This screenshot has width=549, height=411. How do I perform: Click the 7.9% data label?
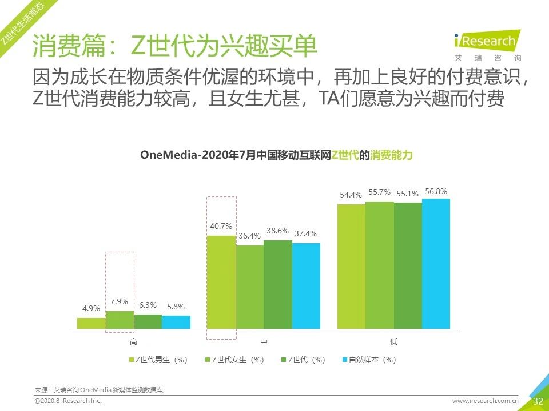point(120,301)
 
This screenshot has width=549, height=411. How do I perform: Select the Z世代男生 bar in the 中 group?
point(221,282)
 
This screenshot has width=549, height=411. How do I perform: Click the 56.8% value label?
point(436,191)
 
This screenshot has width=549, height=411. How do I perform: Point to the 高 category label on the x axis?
point(133,341)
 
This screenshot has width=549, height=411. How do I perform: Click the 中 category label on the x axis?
point(264,341)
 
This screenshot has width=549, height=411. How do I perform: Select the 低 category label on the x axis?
point(393,341)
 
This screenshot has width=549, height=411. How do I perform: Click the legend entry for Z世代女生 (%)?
point(234,360)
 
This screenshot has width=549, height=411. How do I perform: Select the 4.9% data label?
point(91,308)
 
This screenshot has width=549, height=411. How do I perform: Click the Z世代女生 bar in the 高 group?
point(120,320)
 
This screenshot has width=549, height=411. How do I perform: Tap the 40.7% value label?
point(221,226)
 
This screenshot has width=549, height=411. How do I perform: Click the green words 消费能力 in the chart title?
point(391,155)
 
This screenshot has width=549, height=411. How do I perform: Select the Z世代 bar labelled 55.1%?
point(408,266)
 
